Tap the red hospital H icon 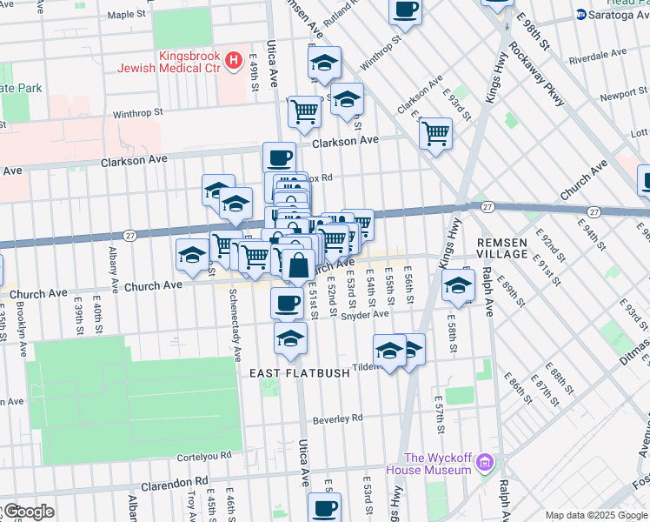pos(232,60)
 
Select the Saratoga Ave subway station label pos(615,15)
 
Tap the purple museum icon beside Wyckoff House pos(485,464)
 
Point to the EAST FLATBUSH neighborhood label pos(299,372)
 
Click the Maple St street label pos(126,15)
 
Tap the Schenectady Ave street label pos(234,327)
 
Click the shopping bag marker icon pos(298,265)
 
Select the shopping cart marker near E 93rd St pos(435,134)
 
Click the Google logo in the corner pos(28,512)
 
